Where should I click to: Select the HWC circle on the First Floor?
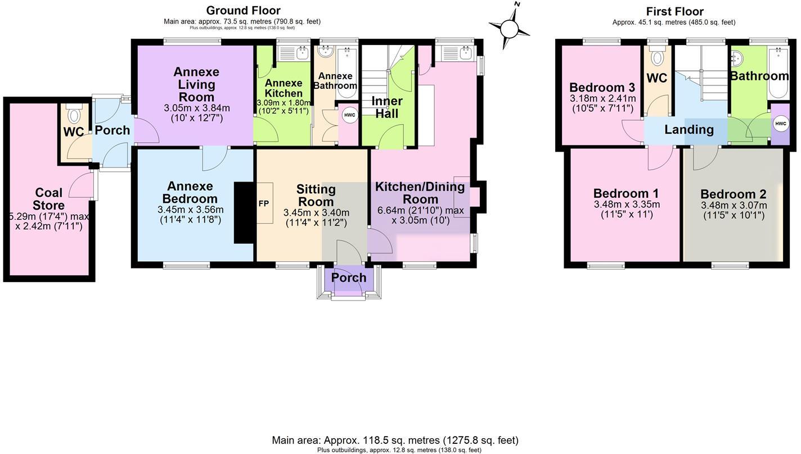click(x=780, y=124)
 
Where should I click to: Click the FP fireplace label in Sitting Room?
click(x=264, y=203)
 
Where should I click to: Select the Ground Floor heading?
click(x=243, y=10)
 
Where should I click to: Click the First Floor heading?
click(x=674, y=11)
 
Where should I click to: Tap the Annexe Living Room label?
click(x=196, y=84)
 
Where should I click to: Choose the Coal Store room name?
click(x=49, y=199)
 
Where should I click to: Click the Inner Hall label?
click(x=387, y=107)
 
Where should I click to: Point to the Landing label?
click(x=689, y=130)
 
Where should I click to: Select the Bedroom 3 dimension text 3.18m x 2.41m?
click(x=602, y=99)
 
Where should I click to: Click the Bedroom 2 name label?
click(x=733, y=194)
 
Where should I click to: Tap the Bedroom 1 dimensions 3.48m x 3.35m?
click(x=627, y=205)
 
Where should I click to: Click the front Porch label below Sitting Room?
click(x=349, y=278)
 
